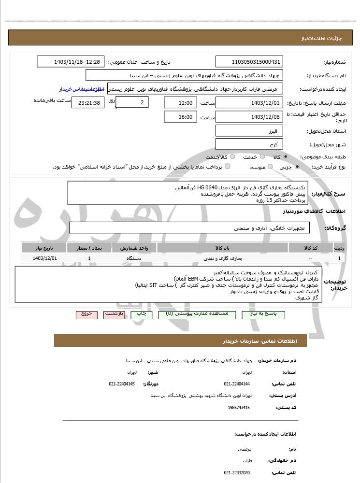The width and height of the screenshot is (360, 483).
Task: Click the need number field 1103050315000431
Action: coord(248,62)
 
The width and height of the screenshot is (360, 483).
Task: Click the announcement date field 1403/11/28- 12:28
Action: coord(71,62)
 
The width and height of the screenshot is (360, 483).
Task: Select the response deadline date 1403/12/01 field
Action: coord(248,103)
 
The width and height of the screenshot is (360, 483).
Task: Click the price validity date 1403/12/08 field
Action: coord(248,117)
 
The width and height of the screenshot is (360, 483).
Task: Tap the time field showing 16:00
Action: coord(180,117)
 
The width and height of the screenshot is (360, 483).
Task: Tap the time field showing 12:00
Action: coord(180,103)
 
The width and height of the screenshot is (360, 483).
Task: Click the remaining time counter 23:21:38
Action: coord(87,103)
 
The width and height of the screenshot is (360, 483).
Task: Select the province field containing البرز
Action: coord(248,131)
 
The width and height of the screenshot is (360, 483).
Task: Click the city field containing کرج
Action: coord(248,144)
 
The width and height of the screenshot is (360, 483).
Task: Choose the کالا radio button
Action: coord(286,157)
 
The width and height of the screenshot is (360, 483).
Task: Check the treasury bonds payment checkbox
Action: coord(228,167)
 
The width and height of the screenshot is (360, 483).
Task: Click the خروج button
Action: coord(86,314)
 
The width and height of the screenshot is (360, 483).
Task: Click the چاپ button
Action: coord(141,314)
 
